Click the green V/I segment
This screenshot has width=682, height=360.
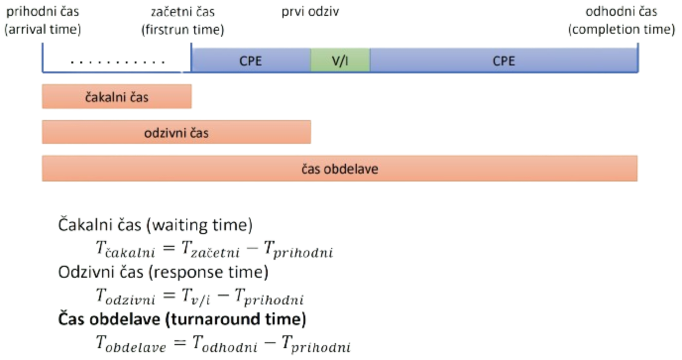tap(340, 60)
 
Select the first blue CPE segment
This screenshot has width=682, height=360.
tap(250, 60)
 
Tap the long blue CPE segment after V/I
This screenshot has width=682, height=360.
tap(504, 60)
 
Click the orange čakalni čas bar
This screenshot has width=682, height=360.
tap(116, 97)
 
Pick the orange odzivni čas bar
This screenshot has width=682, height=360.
tap(176, 132)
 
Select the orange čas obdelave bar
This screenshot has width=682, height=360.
tap(340, 169)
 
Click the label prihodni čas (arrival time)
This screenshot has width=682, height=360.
tap(43, 20)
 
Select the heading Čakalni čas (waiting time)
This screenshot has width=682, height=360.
tap(155, 226)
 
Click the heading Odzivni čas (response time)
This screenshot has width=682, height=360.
tap(163, 272)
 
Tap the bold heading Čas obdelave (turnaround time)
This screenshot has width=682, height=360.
tap(181, 319)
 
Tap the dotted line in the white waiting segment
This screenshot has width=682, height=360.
tap(117, 63)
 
